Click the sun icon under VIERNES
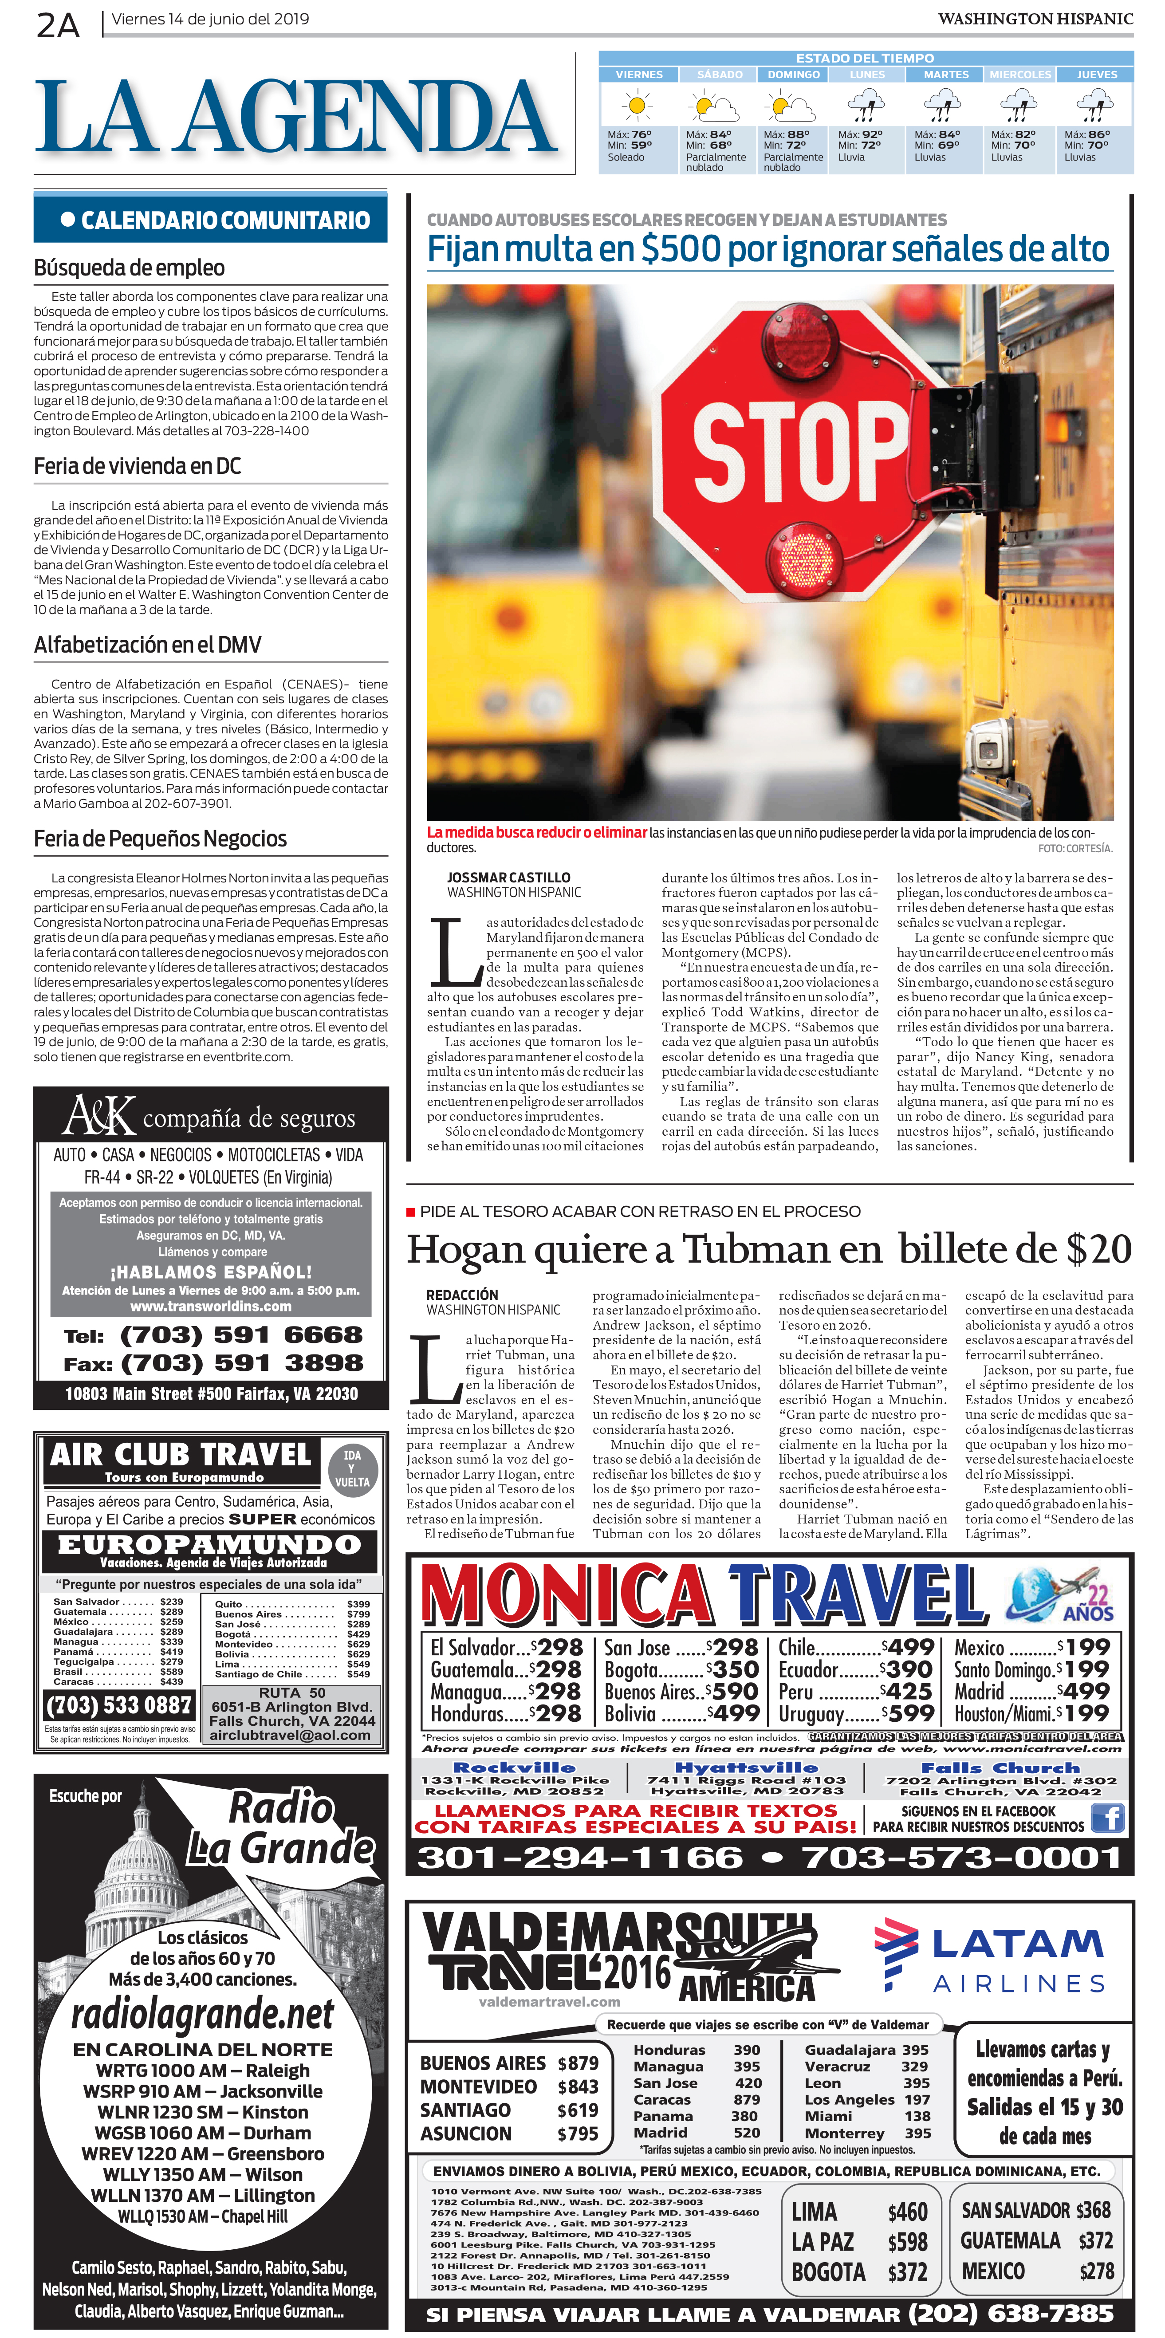(x=637, y=106)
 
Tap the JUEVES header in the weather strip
(x=1096, y=75)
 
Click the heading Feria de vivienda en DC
(x=137, y=467)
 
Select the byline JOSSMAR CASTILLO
(x=508, y=878)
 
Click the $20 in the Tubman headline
(x=1098, y=1250)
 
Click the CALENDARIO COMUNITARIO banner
(x=210, y=220)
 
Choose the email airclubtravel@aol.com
(x=290, y=1736)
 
